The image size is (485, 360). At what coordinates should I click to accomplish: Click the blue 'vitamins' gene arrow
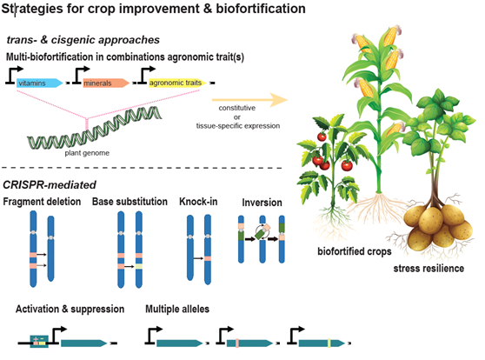pos(40,83)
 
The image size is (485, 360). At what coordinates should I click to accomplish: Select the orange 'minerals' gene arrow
pos(106,83)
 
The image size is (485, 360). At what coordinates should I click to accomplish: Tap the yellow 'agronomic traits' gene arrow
pos(177,83)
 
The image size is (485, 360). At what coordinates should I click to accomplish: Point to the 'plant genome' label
pos(87,153)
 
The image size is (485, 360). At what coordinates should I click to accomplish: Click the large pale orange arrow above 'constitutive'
pos(249,100)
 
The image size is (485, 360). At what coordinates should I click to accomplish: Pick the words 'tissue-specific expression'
pos(238,126)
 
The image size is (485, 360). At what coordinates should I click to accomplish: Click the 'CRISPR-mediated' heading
pos(50,185)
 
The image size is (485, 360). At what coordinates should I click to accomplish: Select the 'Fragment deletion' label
pos(42,202)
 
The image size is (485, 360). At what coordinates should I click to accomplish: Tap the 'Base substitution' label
pos(130,202)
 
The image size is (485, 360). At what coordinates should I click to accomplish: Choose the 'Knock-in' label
pos(198,202)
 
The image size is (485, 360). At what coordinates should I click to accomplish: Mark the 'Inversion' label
pos(262,203)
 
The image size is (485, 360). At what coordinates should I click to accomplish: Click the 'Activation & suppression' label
pos(70,309)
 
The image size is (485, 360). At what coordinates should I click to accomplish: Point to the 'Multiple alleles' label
pos(177,309)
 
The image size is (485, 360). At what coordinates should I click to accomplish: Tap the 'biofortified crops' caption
pos(355,251)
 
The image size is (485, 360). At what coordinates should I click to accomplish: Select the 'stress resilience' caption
pos(429,268)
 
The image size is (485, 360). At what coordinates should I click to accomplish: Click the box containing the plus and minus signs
pos(39,342)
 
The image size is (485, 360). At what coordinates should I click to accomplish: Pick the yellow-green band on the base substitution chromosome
pos(139,266)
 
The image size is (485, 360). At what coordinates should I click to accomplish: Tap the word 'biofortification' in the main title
pos(261,9)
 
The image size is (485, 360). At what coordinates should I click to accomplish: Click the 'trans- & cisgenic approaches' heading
pos(83,40)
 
